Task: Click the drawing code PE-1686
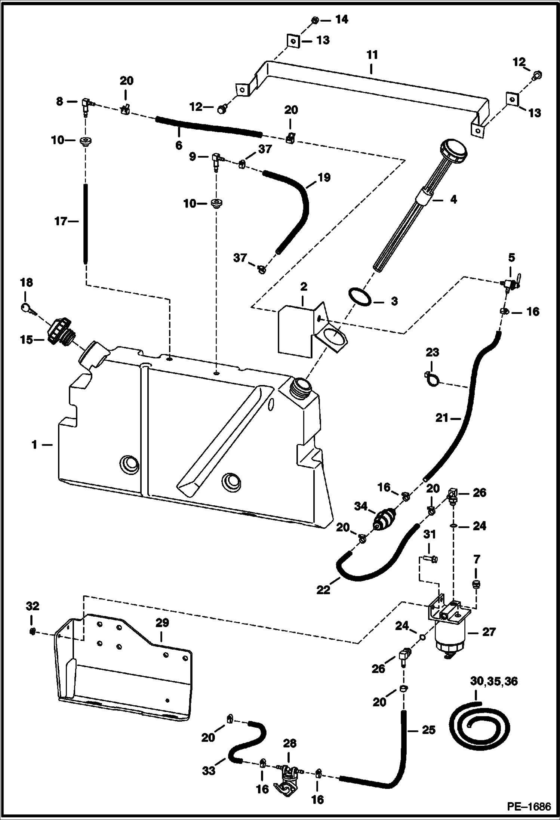[529, 807]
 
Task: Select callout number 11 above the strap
[372, 55]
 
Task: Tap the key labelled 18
[28, 309]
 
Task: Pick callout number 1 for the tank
[35, 445]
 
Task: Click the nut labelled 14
[315, 20]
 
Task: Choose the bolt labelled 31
[431, 559]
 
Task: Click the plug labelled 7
[476, 584]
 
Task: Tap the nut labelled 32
[33, 631]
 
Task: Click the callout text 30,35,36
[494, 681]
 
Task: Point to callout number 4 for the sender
[453, 200]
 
